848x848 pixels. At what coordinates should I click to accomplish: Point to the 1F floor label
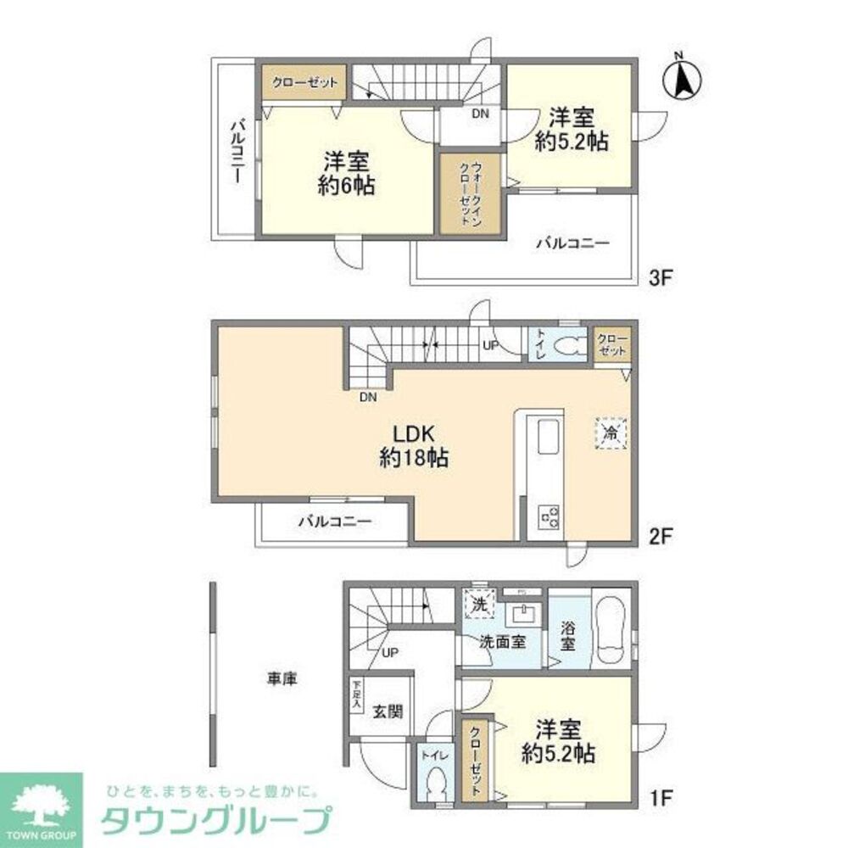tap(660, 799)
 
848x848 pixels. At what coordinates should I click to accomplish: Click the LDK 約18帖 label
tap(414, 447)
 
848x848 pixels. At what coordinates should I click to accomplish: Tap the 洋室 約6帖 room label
tap(347, 173)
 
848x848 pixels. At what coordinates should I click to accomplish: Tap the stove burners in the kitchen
tap(548, 514)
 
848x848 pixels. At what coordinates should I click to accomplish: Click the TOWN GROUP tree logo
tap(41, 801)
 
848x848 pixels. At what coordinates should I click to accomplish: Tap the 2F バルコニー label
tap(334, 522)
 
